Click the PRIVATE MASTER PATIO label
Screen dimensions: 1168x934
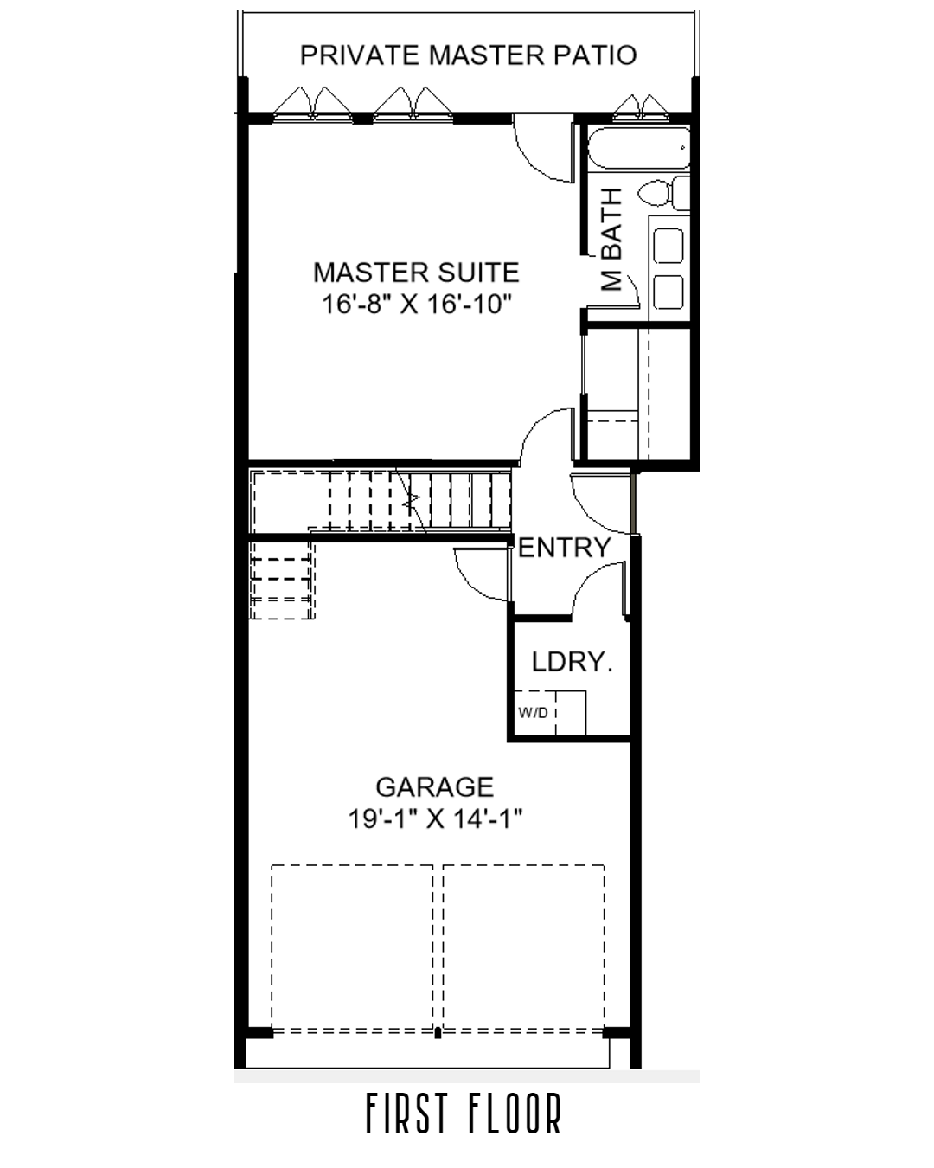(468, 55)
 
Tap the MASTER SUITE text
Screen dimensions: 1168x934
(416, 273)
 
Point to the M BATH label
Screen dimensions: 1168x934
(611, 240)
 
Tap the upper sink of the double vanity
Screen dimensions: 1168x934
(668, 246)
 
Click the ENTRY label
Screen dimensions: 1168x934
(564, 547)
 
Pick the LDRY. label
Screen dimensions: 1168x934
(572, 662)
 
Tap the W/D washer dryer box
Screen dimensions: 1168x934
(534, 713)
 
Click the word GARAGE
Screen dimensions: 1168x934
(434, 786)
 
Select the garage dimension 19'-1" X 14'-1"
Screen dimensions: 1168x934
(435, 818)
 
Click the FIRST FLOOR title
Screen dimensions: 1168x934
(464, 1114)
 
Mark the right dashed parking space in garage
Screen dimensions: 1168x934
(523, 947)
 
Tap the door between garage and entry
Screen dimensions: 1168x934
(481, 573)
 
